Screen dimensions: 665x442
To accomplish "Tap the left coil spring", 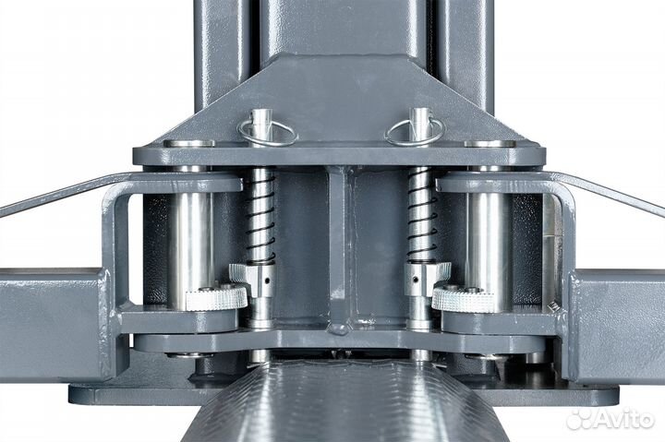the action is (260, 217).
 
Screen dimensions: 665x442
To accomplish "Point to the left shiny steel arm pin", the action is (190, 250).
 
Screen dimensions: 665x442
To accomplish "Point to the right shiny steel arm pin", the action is (489, 250).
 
